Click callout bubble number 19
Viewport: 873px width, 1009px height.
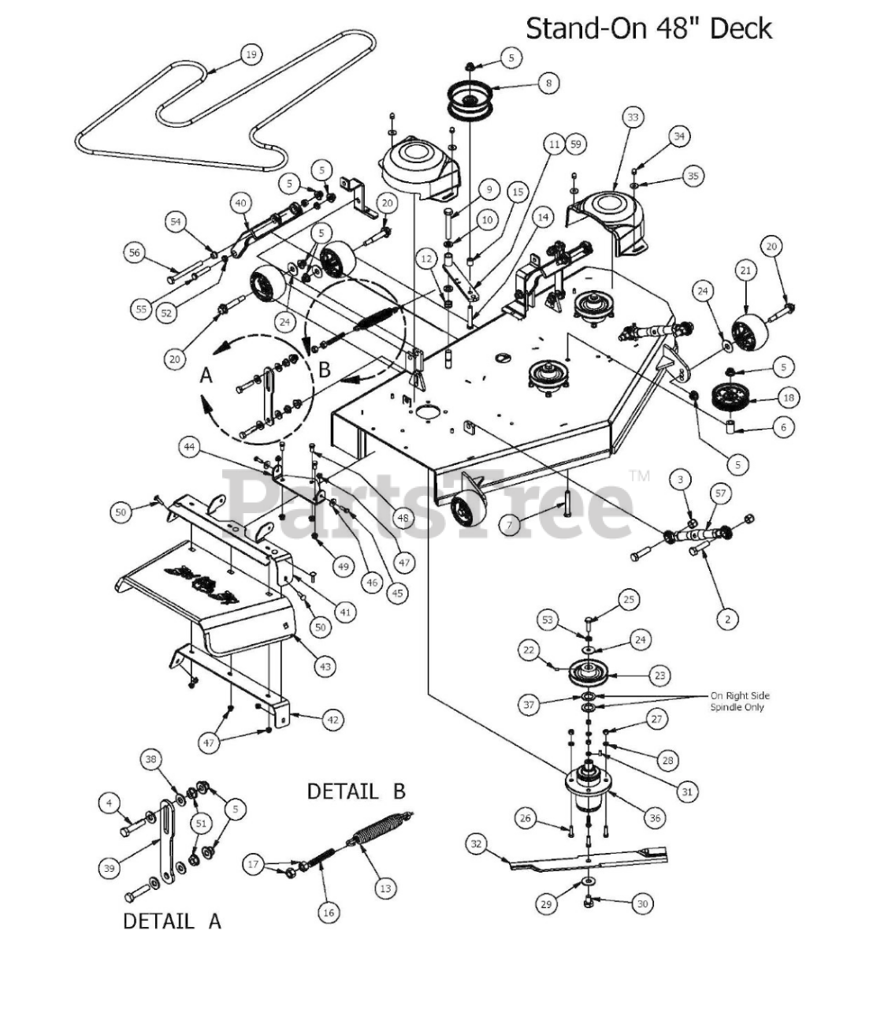pos(251,54)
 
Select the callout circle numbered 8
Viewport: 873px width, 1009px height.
pos(548,82)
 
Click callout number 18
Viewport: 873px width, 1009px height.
pos(786,397)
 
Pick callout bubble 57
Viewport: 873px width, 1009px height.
pos(720,493)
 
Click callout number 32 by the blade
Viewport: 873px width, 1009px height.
pos(475,843)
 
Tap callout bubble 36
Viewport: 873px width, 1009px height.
pos(655,817)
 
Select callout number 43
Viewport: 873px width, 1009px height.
pos(325,666)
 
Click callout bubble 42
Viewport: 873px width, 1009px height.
pos(333,719)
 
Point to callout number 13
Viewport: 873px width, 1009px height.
pos(384,888)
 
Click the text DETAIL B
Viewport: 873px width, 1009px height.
pos(356,791)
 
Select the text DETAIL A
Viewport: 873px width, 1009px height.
pos(172,920)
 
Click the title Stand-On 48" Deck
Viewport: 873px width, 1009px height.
pos(648,28)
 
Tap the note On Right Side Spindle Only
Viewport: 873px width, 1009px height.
pos(740,702)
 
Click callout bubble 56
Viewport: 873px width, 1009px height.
pos(135,252)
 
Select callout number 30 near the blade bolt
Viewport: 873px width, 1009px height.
pos(642,903)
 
